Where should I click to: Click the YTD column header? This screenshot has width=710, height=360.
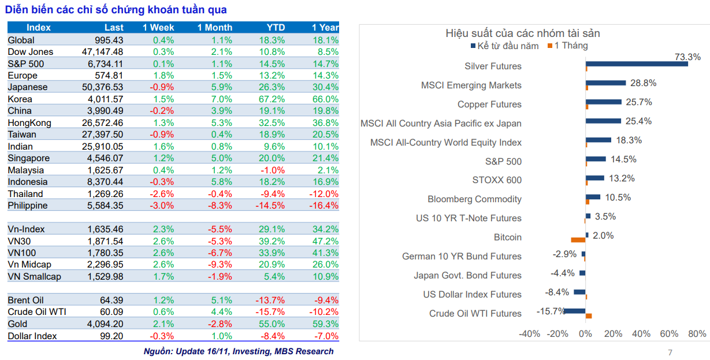pyautogui.click(x=276, y=28)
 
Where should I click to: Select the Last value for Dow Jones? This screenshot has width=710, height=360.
pyautogui.click(x=103, y=52)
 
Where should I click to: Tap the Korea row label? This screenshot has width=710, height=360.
pyautogui.click(x=20, y=99)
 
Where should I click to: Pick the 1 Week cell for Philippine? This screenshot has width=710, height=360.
pyautogui.click(x=162, y=206)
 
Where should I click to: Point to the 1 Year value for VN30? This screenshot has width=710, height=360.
pyautogui.click(x=325, y=242)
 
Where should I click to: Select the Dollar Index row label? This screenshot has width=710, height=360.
pyautogui.click(x=32, y=336)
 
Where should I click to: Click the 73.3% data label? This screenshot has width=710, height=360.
pyautogui.click(x=687, y=57)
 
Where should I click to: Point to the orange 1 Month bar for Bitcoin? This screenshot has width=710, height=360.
pyautogui.click(x=578, y=240)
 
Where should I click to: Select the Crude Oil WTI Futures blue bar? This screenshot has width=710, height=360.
pyautogui.click(x=574, y=311)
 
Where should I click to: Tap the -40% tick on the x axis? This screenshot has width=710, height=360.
pyautogui.click(x=529, y=334)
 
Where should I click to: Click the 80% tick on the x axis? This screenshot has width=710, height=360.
pyautogui.click(x=697, y=334)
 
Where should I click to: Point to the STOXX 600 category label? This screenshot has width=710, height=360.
pyautogui.click(x=497, y=180)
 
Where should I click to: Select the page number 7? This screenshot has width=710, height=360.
pyautogui.click(x=670, y=352)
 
